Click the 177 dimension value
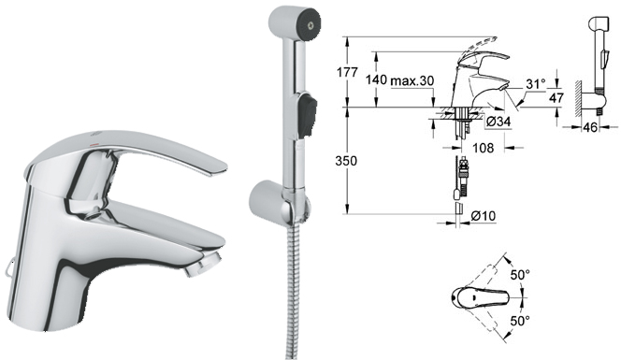tap(347, 73)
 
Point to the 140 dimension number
tap(376, 80)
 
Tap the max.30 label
tap(412, 80)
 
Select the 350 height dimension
tap(346, 161)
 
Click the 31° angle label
tap(536, 84)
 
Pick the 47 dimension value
tap(556, 97)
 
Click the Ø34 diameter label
tap(498, 122)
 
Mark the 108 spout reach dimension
tap(484, 148)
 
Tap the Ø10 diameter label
tap(483, 216)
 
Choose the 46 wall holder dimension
tap(590, 127)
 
